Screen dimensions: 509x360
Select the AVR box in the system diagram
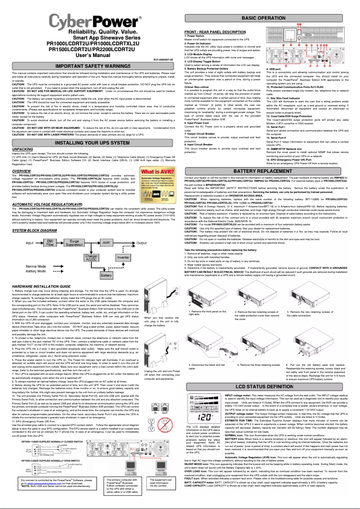point(106,242)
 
